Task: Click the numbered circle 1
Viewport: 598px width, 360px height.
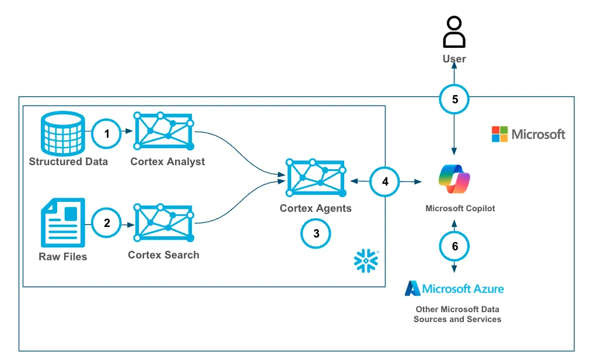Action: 107,134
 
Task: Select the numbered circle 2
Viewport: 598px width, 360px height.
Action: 107,223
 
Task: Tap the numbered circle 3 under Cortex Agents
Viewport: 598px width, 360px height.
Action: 316,234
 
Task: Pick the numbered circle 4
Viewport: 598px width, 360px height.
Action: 385,181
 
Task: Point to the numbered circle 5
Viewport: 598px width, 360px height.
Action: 455,99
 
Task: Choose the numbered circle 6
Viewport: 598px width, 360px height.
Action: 455,246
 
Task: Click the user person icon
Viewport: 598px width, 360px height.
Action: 454,32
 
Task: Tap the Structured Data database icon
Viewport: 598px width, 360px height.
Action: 62,132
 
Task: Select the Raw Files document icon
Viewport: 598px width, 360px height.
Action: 62,222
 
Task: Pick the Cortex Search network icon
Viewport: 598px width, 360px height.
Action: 164,222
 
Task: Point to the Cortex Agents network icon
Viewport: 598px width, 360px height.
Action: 316,177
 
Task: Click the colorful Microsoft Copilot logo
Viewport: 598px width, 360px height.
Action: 454,179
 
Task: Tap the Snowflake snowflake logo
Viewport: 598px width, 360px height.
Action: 366,261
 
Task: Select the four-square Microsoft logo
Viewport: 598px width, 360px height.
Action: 500,134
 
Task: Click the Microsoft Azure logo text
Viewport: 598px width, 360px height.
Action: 455,288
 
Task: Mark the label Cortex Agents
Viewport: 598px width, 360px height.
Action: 316,208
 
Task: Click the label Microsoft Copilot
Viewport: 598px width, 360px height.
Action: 460,208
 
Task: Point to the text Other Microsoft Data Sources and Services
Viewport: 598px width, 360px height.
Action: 457,314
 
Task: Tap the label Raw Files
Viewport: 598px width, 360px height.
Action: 62,256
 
